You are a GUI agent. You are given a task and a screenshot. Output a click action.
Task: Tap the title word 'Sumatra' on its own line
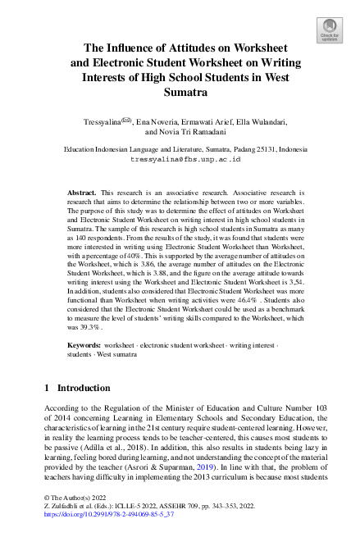[x=180, y=93]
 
